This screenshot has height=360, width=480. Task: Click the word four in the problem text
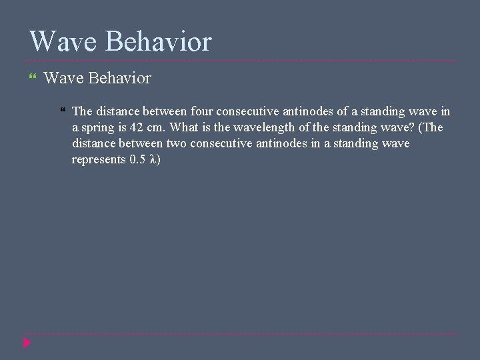click(202, 111)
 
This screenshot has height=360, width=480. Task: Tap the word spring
click(100, 127)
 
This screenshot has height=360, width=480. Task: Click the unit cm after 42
click(157, 127)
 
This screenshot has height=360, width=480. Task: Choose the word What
click(185, 127)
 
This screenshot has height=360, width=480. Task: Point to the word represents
click(99, 159)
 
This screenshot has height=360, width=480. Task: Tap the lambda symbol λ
click(153, 159)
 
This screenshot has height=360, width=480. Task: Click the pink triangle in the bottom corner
click(27, 343)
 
